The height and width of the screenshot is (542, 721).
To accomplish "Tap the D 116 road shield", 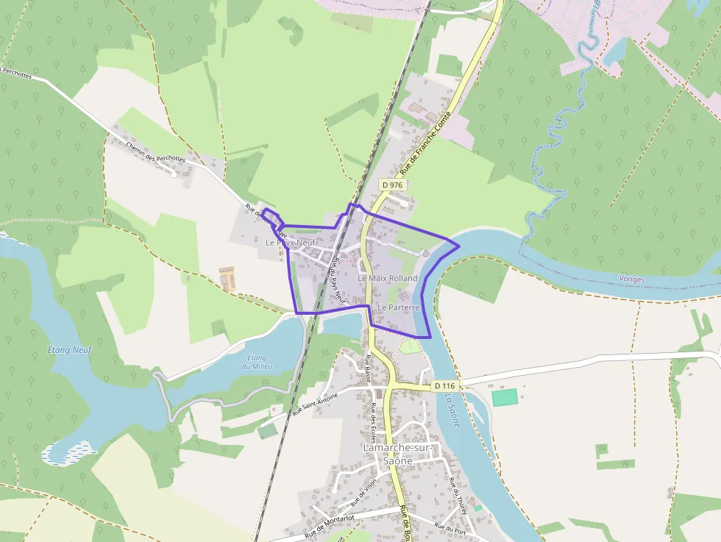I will click(x=444, y=385).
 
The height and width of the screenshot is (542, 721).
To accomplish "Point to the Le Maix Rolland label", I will click(x=388, y=279).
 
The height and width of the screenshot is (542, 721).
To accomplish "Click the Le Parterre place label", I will click(x=398, y=307).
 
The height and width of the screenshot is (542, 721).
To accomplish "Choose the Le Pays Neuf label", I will click(x=291, y=242).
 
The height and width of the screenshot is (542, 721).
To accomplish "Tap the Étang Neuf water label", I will click(x=68, y=350).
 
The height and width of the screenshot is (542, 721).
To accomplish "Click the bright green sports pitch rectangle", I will click(x=505, y=397).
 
